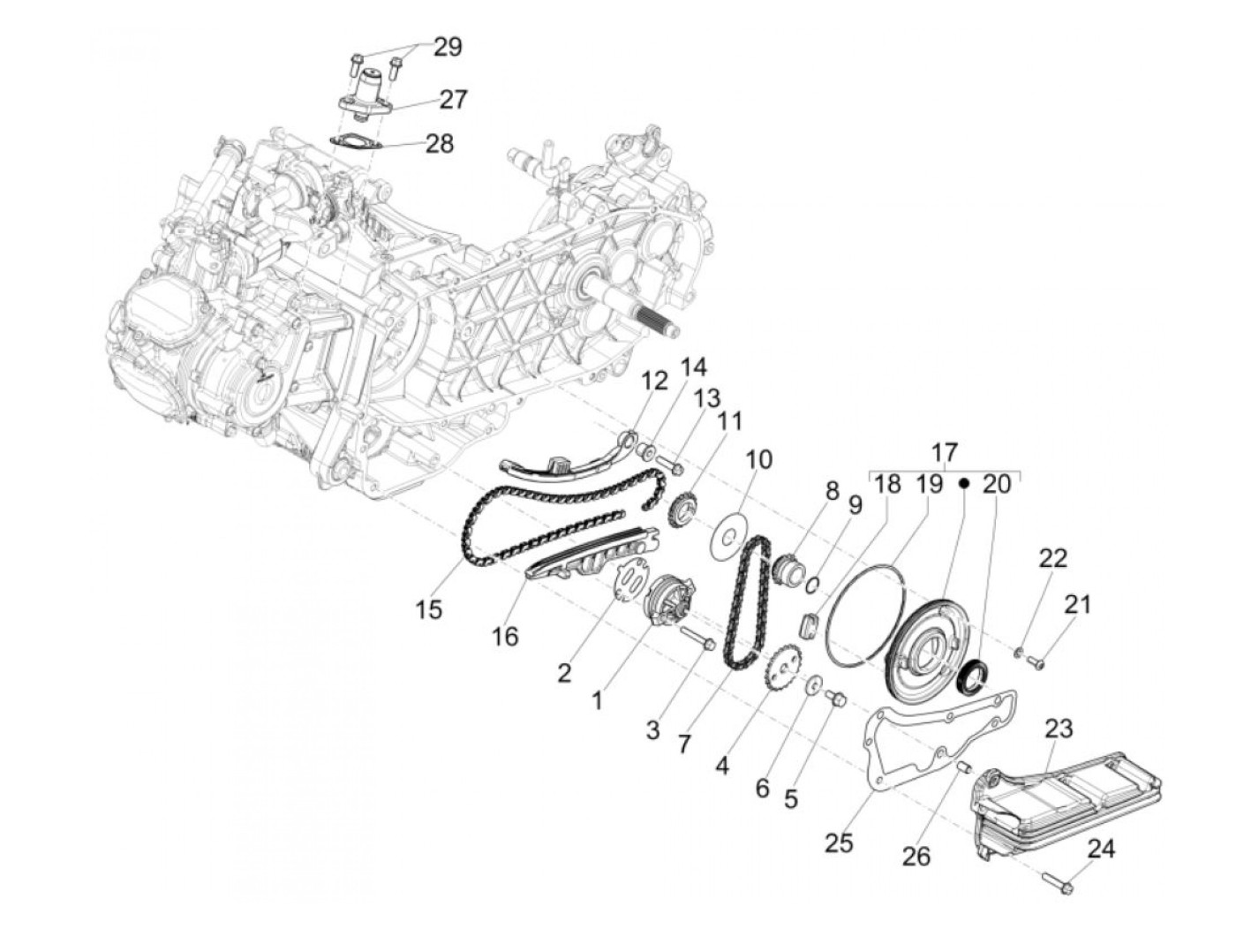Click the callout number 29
click(x=448, y=46)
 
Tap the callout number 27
click(x=453, y=99)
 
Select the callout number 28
click(x=439, y=142)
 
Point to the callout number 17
click(x=945, y=452)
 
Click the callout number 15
click(x=429, y=609)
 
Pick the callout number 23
click(x=1059, y=729)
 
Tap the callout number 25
click(x=839, y=843)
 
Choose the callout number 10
click(x=758, y=459)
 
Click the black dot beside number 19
click(x=965, y=483)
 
